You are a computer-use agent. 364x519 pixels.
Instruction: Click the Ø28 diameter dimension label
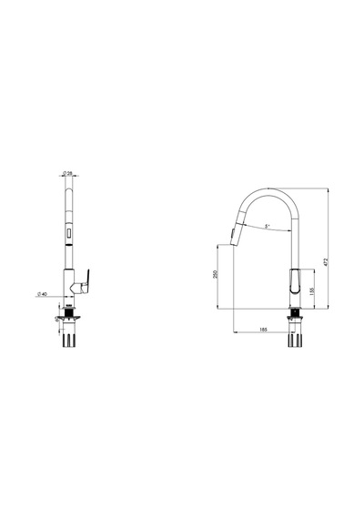click(x=67, y=173)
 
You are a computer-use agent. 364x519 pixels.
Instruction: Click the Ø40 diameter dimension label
click(x=43, y=294)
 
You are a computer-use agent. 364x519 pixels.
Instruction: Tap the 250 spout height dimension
click(x=217, y=274)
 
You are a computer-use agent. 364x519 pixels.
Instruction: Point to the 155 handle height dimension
click(x=311, y=291)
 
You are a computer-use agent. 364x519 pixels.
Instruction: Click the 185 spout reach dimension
click(x=263, y=330)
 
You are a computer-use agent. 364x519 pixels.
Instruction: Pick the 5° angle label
click(x=267, y=227)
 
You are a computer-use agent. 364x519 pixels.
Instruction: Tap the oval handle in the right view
click(x=295, y=281)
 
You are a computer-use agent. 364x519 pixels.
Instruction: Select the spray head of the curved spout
click(x=238, y=229)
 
